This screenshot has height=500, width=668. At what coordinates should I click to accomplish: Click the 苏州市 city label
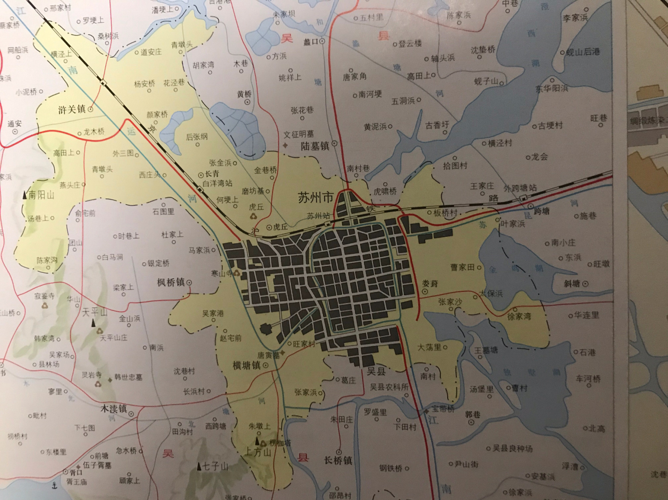pos(315,198)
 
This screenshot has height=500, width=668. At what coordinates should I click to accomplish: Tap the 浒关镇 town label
pos(72,110)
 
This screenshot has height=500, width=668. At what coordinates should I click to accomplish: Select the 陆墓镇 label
pos(315,146)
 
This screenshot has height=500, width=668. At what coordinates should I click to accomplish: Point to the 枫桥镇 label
pos(171,282)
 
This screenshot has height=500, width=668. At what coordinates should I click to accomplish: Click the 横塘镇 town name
pos(246,366)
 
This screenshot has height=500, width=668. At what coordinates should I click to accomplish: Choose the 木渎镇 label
pos(114,409)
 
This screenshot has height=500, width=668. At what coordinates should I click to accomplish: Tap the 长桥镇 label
pos(338,461)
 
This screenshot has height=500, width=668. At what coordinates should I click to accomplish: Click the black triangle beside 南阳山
pos(25,195)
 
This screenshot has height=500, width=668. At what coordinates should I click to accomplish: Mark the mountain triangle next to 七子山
pos(200,466)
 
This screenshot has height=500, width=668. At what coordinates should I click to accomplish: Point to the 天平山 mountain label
pos(95,312)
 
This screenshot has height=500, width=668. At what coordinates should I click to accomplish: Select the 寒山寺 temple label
pos(221,273)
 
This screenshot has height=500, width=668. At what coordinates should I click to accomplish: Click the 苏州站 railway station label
pos(318,216)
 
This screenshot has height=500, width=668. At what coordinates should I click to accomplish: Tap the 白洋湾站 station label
pos(217,183)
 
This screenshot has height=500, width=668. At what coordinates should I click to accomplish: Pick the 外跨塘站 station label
pos(520,188)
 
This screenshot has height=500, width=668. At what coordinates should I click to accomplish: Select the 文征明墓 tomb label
pos(298,134)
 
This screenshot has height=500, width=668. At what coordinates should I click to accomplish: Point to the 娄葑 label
pos(430,283)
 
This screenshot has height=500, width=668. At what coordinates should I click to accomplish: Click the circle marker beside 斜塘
pos(585,284)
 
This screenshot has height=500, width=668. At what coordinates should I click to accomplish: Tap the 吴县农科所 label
pos(389,387)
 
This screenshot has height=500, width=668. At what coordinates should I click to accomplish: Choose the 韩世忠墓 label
pos(128,378)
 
